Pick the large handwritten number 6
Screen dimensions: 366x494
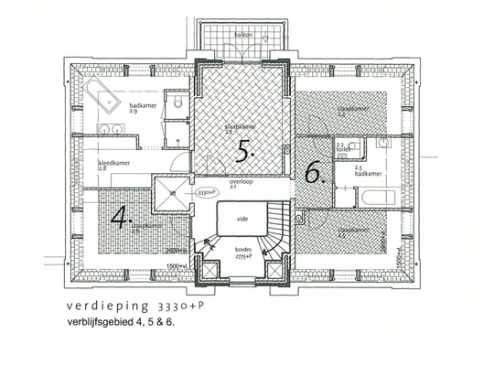pos(314,173)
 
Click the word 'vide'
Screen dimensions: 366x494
pos(243,220)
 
